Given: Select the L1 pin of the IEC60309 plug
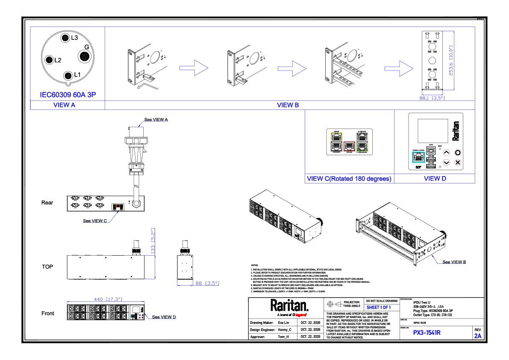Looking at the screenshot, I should pyautogui.click(x=68, y=76).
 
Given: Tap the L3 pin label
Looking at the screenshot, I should pyautogui.click(x=74, y=38).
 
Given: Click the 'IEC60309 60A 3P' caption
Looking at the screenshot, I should pyautogui.click(x=68, y=94).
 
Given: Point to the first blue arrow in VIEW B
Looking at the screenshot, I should pyautogui.click(x=193, y=68).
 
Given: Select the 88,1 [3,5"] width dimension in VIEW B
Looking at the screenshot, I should pyautogui.click(x=432, y=98).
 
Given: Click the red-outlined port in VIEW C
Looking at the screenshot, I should pyautogui.click(x=349, y=147).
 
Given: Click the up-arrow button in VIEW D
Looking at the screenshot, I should pyautogui.click(x=447, y=152).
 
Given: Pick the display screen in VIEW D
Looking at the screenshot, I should pyautogui.click(x=432, y=130).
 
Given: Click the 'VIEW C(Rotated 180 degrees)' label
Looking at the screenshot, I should pyautogui.click(x=349, y=179).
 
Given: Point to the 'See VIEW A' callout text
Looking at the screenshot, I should pyautogui.click(x=156, y=120).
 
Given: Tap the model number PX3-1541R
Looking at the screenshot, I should pyautogui.click(x=427, y=333).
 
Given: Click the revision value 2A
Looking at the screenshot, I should pyautogui.click(x=478, y=336).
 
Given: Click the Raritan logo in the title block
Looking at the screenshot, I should pyautogui.click(x=289, y=306).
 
